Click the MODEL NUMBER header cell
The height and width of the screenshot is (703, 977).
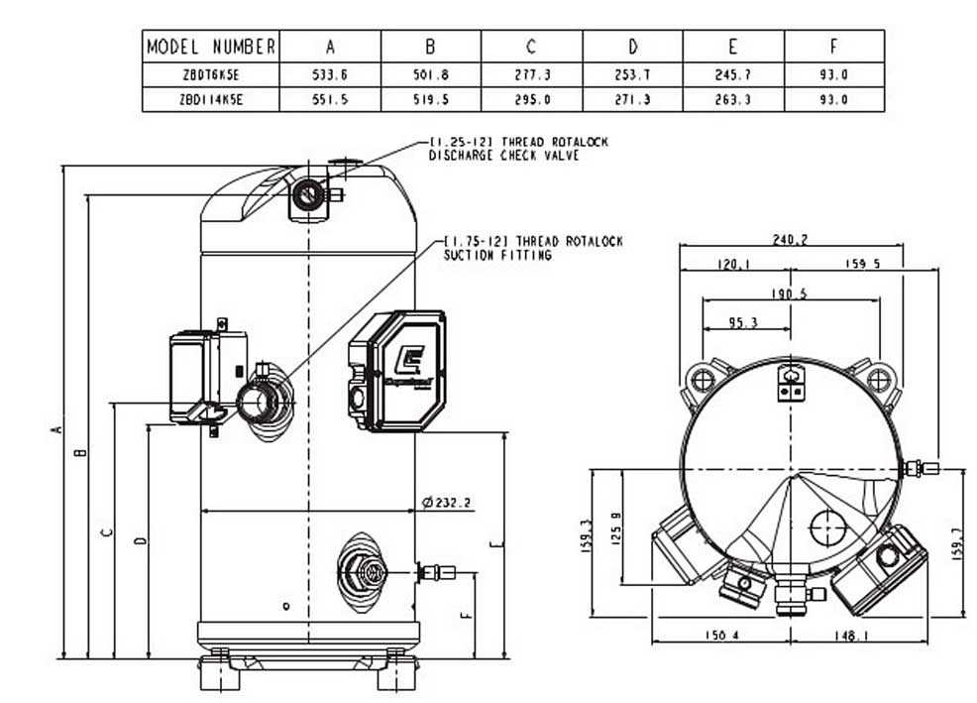pos(212,47)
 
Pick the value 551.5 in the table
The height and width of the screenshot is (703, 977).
pos(331,100)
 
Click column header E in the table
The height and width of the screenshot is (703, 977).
pos(733,47)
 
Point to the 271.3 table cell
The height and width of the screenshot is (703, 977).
pos(632,100)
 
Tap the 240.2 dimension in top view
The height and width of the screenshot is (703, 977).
pos(790,239)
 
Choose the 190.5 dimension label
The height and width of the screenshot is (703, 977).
pos(790,293)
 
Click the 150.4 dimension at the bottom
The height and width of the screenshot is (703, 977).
pos(719,637)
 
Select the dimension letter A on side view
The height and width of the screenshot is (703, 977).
pos(57,429)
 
